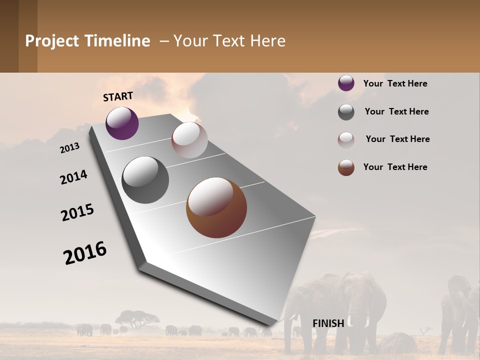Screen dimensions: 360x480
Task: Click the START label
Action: point(118,96)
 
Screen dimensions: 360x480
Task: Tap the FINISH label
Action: point(328,323)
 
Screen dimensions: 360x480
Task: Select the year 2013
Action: point(70,148)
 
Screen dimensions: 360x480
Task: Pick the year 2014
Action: point(73,177)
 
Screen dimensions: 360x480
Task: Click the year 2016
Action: point(85,253)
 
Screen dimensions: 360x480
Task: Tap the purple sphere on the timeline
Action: point(122,123)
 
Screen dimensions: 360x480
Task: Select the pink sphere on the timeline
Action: point(189,140)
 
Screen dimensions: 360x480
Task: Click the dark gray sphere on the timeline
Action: point(145,180)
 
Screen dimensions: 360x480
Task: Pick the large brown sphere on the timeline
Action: point(216,207)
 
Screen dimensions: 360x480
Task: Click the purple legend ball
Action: point(346,83)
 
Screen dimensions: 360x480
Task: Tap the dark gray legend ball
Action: point(346,112)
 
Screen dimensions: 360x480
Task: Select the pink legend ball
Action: point(346,139)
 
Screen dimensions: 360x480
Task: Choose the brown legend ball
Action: point(346,167)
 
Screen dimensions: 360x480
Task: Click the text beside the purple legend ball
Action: point(395,83)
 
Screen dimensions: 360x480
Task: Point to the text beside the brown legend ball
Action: point(395,167)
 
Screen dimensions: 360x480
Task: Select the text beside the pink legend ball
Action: point(397,139)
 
